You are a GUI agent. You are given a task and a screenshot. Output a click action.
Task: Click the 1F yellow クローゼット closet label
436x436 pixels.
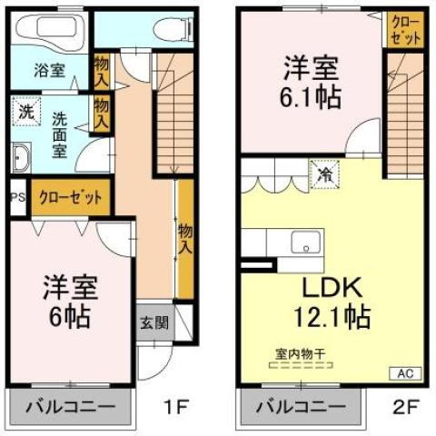tap(70, 196)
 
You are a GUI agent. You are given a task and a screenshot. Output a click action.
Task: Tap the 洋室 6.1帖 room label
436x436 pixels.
tap(312, 82)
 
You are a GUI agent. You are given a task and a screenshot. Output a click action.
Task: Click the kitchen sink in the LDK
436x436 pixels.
tap(305, 243)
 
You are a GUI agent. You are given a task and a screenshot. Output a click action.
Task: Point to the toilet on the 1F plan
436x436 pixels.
tap(172, 27)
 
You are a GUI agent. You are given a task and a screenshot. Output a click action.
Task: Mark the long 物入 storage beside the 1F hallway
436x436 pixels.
tap(185, 239)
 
